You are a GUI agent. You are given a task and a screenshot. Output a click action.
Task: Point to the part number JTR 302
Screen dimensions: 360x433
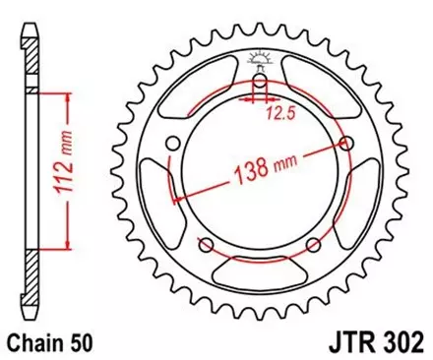point(376,344)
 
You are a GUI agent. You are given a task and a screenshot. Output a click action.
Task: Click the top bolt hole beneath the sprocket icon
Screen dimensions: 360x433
point(261,88)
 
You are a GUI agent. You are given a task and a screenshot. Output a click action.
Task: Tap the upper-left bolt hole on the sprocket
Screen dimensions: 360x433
point(175,145)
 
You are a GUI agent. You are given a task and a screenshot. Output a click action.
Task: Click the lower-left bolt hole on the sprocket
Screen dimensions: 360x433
point(208,244)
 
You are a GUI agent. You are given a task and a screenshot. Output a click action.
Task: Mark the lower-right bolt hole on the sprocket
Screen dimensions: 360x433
point(313,244)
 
